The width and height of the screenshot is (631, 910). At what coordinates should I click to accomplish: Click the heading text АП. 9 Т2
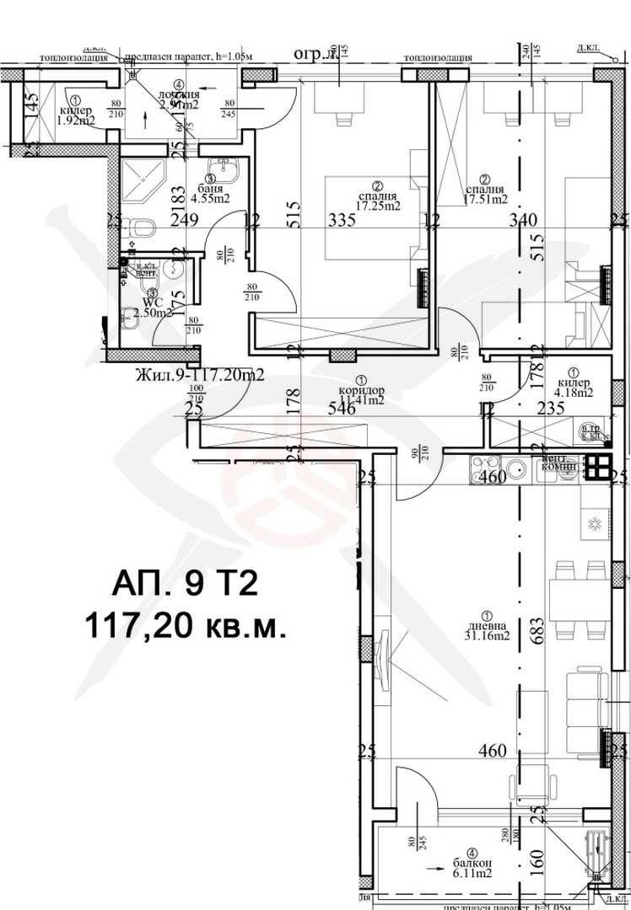[x=184, y=583]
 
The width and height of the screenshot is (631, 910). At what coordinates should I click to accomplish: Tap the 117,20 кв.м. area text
[x=184, y=625]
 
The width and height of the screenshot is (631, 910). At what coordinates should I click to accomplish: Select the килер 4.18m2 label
[x=574, y=387]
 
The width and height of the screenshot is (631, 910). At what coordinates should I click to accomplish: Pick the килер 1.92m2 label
[x=75, y=115]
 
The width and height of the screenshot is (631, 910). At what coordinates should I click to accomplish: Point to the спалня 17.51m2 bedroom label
[x=486, y=195]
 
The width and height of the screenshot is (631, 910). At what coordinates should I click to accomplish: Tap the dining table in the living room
[x=579, y=600]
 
